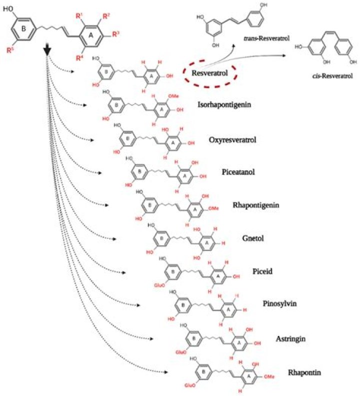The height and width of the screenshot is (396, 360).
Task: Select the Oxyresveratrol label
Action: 232,140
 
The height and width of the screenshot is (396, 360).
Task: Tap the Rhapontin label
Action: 303,372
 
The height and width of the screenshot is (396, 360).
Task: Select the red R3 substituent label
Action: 115,35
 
